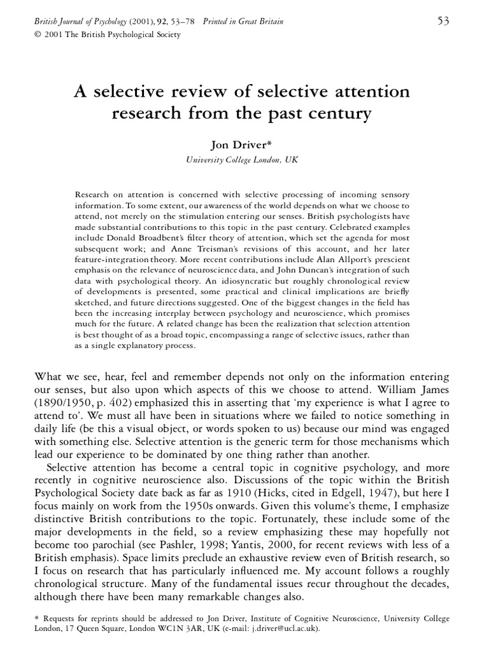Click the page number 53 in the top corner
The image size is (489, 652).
(443, 22)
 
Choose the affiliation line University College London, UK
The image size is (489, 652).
(242, 160)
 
